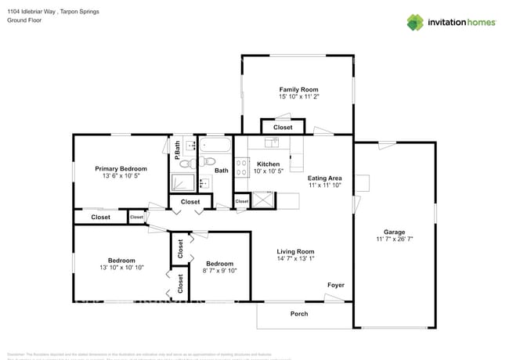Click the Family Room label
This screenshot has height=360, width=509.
298,89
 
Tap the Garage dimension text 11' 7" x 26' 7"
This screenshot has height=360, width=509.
394,239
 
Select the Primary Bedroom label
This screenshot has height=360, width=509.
121,168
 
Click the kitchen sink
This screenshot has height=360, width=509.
272,142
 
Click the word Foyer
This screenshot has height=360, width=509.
335,285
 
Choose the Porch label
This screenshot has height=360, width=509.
299,314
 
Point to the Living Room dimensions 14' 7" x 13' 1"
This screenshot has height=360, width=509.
295,259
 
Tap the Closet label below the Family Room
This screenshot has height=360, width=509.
282,127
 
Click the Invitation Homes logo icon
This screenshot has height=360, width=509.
415,22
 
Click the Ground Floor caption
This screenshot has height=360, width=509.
23,20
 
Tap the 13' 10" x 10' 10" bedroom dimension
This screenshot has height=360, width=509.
121,268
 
